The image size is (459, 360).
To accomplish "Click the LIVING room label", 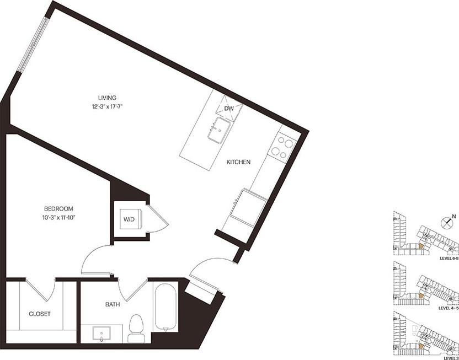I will click(108, 98).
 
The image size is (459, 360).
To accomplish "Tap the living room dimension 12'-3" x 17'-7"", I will click(108, 107).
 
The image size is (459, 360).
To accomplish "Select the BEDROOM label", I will click(58, 209).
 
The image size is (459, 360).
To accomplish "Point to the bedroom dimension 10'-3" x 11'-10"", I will click(58, 218).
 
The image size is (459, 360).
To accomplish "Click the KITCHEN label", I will click(239, 163).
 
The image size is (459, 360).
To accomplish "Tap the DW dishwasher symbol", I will click(229, 109).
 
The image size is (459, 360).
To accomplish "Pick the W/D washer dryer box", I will click(129, 219).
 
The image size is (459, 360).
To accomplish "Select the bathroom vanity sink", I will click(103, 334).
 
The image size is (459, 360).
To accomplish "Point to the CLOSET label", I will click(40, 314).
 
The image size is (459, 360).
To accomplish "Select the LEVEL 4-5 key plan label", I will click(446, 308).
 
